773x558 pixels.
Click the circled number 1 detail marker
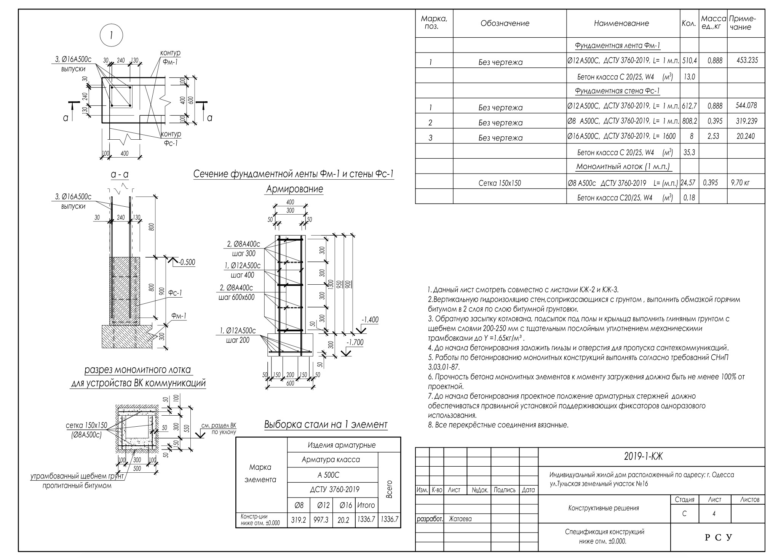pyautogui.click(x=111, y=35)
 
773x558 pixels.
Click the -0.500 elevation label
pyautogui.click(x=187, y=262)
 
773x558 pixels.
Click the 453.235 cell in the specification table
pyautogui.click(x=747, y=60)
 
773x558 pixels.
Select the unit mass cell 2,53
pyautogui.click(x=713, y=136)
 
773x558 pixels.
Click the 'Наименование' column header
pyautogui.click(x=621, y=23)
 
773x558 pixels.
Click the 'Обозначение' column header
pyautogui.click(x=505, y=23)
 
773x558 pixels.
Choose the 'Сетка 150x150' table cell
pyautogui.click(x=500, y=183)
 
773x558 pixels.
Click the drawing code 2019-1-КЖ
pyautogui.click(x=644, y=457)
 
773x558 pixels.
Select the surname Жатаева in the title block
pyautogui.click(x=460, y=518)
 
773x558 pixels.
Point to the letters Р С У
pyautogui.click(x=718, y=537)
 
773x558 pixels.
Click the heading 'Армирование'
pyautogui.click(x=294, y=189)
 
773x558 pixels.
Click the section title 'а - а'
pyautogui.click(x=120, y=174)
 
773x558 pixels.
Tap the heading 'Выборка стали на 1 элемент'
pyautogui.click(x=326, y=424)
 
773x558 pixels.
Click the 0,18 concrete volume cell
pyautogui.click(x=689, y=198)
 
